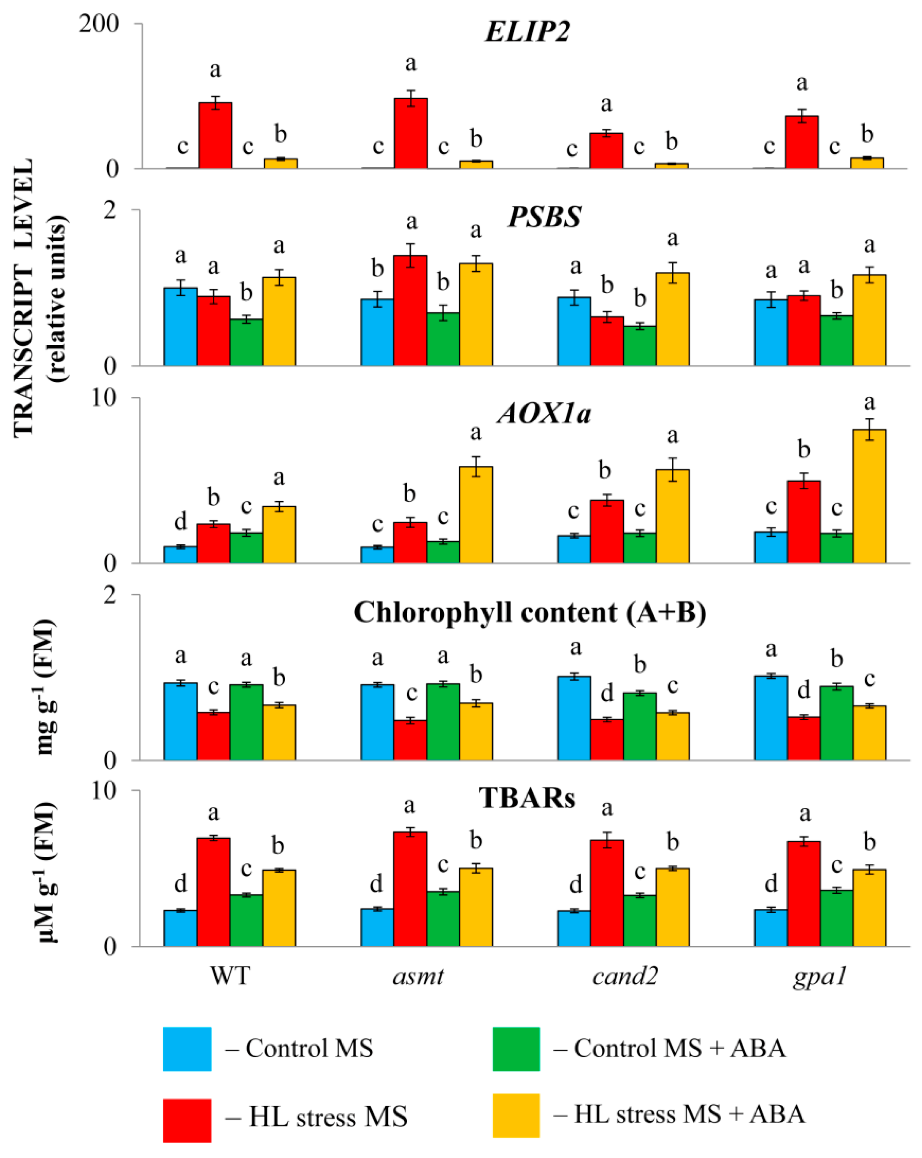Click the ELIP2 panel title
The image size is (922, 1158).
coord(527,31)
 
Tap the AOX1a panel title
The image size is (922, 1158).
coord(544,414)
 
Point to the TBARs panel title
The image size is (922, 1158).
coord(527,798)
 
